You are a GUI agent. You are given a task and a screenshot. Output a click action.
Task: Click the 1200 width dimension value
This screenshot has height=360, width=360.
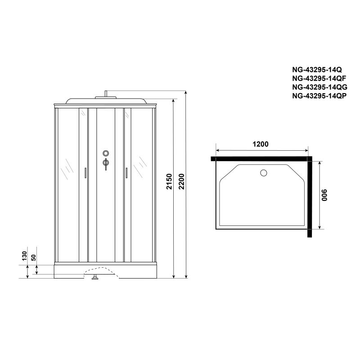tap(261, 144)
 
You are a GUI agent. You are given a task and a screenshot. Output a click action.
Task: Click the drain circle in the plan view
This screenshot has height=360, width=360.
tap(264, 172)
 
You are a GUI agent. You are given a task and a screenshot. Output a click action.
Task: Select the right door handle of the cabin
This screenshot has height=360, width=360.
tap(127, 174)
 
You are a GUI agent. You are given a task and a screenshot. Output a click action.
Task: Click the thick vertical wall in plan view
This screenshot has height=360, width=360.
tap(310, 197)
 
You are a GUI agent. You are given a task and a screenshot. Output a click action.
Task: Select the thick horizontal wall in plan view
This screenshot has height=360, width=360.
tap(261, 158)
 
